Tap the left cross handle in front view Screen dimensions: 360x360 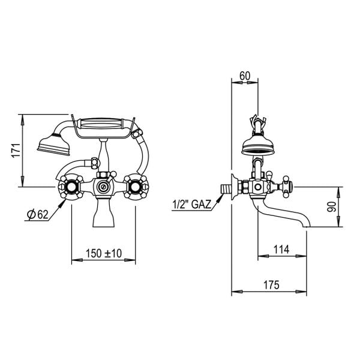[71, 187]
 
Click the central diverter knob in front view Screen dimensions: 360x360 [103, 187]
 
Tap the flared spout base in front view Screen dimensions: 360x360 [103, 219]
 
